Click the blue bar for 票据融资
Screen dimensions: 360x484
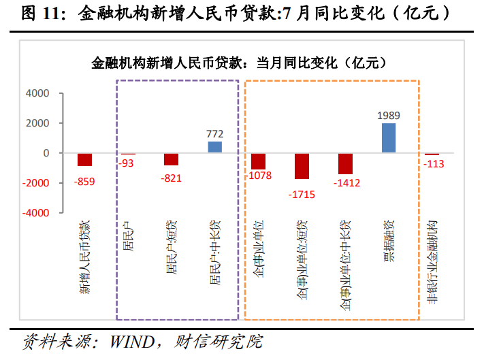click(x=389, y=138)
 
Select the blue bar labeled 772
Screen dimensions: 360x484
click(x=215, y=147)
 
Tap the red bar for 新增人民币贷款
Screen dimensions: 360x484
click(x=84, y=159)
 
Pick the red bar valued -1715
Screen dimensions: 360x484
click(x=302, y=166)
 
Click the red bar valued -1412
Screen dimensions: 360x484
click(x=345, y=163)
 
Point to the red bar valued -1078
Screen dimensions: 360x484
click(x=258, y=161)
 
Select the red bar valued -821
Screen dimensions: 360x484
click(x=172, y=159)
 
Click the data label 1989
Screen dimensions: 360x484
click(x=389, y=116)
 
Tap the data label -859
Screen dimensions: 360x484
click(x=84, y=181)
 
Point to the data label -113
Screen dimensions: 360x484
click(x=432, y=164)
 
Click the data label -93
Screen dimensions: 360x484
click(x=127, y=163)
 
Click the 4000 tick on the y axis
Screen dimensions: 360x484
click(x=37, y=93)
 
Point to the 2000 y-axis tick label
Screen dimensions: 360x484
click(x=37, y=123)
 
